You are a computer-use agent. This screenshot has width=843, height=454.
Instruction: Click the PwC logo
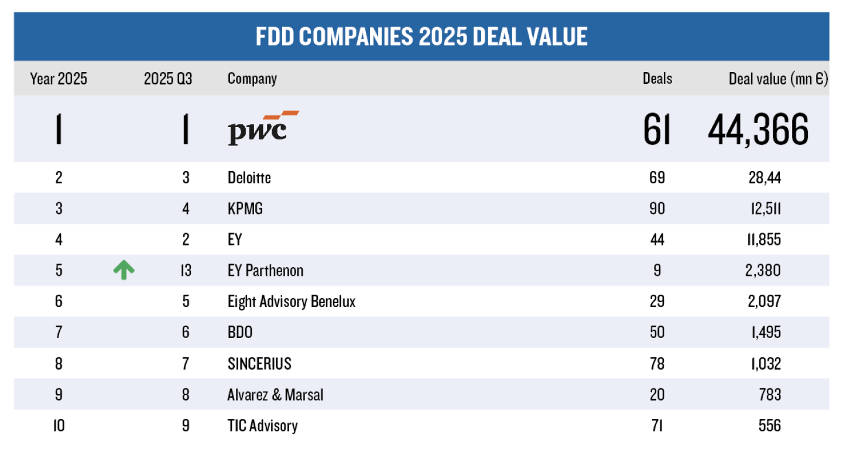(x=262, y=127)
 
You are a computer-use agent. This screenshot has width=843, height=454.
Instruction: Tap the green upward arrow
(x=124, y=270)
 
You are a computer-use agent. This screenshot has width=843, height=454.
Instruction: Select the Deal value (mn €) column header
(x=778, y=79)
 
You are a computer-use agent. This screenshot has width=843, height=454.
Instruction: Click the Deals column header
(x=657, y=79)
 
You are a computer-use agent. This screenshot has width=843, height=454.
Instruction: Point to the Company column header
(x=252, y=79)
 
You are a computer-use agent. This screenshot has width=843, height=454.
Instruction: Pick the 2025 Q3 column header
(x=167, y=79)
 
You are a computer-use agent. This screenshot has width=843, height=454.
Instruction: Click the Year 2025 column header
(x=59, y=79)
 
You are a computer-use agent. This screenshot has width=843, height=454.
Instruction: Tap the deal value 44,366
(x=758, y=129)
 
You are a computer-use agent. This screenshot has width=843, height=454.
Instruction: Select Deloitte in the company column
(x=249, y=177)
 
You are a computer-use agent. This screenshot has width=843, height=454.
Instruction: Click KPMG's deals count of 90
(x=657, y=208)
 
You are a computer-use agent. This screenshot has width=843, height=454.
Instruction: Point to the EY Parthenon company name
(x=265, y=270)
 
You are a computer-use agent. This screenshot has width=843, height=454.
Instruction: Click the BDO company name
(x=240, y=332)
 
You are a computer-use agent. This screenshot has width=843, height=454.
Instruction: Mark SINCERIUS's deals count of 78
(x=657, y=363)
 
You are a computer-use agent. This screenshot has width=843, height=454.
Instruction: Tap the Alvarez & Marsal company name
(x=275, y=394)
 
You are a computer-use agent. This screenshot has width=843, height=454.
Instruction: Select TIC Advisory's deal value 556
(x=769, y=425)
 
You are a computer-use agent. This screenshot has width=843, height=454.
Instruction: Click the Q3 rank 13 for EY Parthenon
(x=186, y=270)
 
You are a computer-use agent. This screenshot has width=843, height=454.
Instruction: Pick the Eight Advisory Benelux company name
(x=292, y=301)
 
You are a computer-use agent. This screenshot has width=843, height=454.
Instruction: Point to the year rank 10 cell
(x=59, y=425)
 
